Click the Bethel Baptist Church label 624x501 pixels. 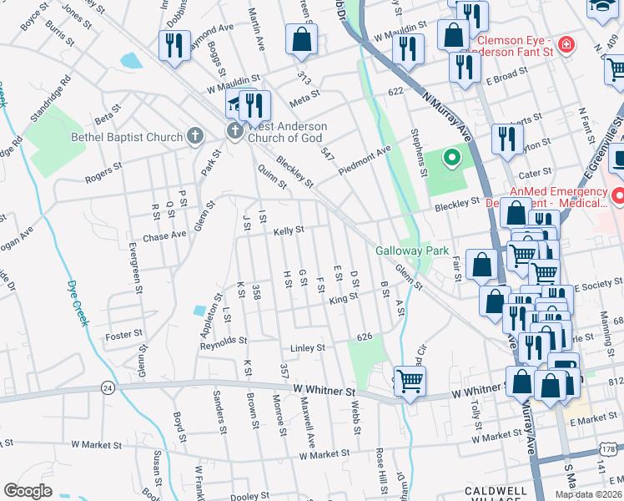127,137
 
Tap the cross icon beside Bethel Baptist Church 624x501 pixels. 195,135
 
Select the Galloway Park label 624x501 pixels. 412,250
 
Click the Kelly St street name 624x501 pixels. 289,230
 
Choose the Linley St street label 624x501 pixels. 306,347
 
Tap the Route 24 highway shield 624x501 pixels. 108,387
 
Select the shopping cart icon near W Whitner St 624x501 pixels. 409,381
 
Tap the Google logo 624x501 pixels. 28,491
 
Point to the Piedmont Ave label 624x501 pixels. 365,161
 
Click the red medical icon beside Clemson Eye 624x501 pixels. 567,43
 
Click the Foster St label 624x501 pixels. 125,335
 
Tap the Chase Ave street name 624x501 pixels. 165,235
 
